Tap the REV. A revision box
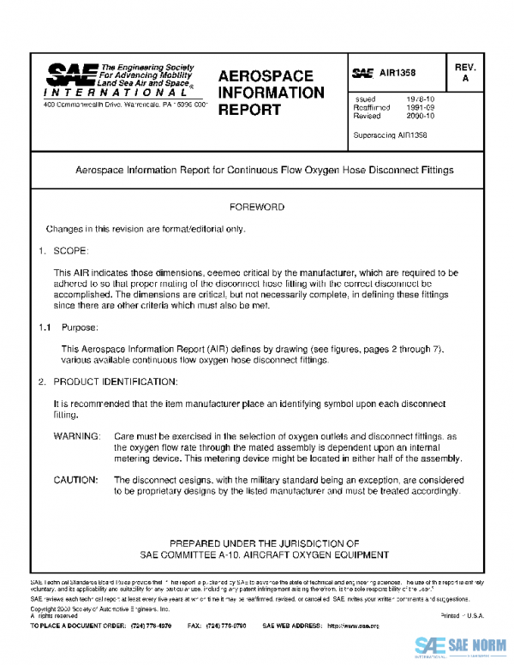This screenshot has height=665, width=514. [x=465, y=72]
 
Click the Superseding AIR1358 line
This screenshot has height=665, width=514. [x=391, y=135]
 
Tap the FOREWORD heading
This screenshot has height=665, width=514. [x=257, y=207]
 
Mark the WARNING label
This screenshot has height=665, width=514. [x=77, y=436]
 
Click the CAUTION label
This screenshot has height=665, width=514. [x=77, y=480]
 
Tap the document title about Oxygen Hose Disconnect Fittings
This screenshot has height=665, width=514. [x=265, y=170]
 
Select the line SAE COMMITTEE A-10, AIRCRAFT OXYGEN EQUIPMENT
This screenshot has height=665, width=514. [x=264, y=554]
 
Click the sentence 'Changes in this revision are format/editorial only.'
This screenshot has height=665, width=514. [x=145, y=230]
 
